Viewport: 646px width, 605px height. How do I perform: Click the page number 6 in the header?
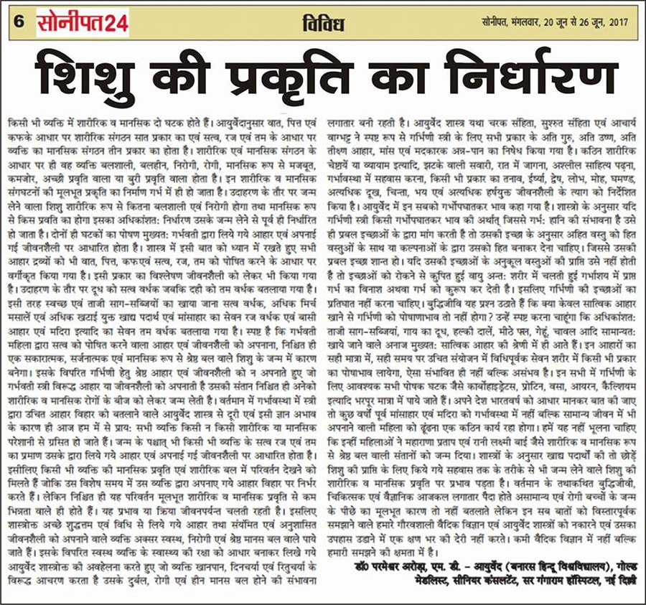[17, 23]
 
